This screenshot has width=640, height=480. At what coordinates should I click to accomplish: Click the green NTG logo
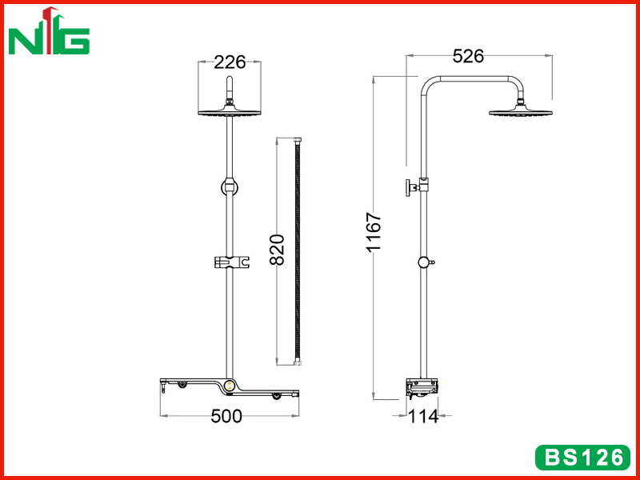click(x=49, y=31)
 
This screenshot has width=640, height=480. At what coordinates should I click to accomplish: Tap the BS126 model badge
click(x=583, y=458)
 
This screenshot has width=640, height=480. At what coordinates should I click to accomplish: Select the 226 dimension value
click(x=230, y=62)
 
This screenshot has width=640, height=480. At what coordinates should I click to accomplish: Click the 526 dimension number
click(x=468, y=56)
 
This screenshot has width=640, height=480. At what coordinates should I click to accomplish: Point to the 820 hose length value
click(x=278, y=250)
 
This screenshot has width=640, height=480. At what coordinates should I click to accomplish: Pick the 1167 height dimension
click(x=374, y=232)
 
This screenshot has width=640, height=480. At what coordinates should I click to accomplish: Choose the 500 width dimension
click(x=226, y=416)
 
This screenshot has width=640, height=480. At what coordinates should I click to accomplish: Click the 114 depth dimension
click(x=423, y=417)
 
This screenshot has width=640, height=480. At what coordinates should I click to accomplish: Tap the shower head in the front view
click(x=230, y=110)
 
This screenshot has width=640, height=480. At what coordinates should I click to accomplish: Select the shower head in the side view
click(x=521, y=110)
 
